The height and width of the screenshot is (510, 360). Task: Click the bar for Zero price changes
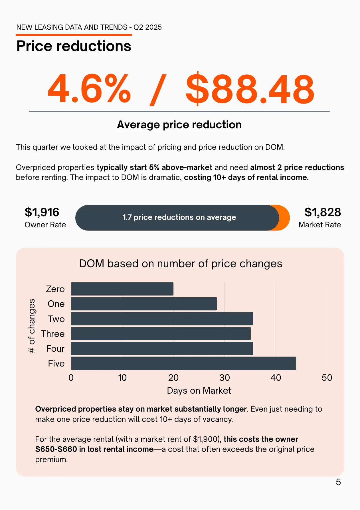[122, 289]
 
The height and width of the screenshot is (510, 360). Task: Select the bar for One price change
[144, 304]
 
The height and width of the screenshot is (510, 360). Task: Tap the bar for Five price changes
[183, 363]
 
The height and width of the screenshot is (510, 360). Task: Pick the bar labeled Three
[161, 334]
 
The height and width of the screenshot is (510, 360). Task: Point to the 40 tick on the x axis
[276, 378]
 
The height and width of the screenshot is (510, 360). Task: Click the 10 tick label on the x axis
[122, 378]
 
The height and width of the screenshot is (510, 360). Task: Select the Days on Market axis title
[199, 390]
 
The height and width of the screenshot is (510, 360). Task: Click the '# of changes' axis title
[32, 326]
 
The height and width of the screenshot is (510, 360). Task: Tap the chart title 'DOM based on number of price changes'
[180, 264]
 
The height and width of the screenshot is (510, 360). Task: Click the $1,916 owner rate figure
[42, 212]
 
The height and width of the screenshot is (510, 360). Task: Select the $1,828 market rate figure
[323, 212]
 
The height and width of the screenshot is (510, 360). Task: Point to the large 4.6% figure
[89, 89]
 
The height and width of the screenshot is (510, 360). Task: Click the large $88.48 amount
[250, 89]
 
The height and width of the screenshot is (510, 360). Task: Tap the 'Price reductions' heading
[74, 46]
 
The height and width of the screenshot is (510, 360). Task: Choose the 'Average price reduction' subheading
[179, 125]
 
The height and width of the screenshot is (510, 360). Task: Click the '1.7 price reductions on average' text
[179, 217]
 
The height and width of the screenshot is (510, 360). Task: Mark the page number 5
[338, 482]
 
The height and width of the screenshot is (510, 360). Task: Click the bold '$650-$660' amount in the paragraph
[56, 449]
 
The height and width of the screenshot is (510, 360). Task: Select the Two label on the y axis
[56, 319]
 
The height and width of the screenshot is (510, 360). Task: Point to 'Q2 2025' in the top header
[147, 27]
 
